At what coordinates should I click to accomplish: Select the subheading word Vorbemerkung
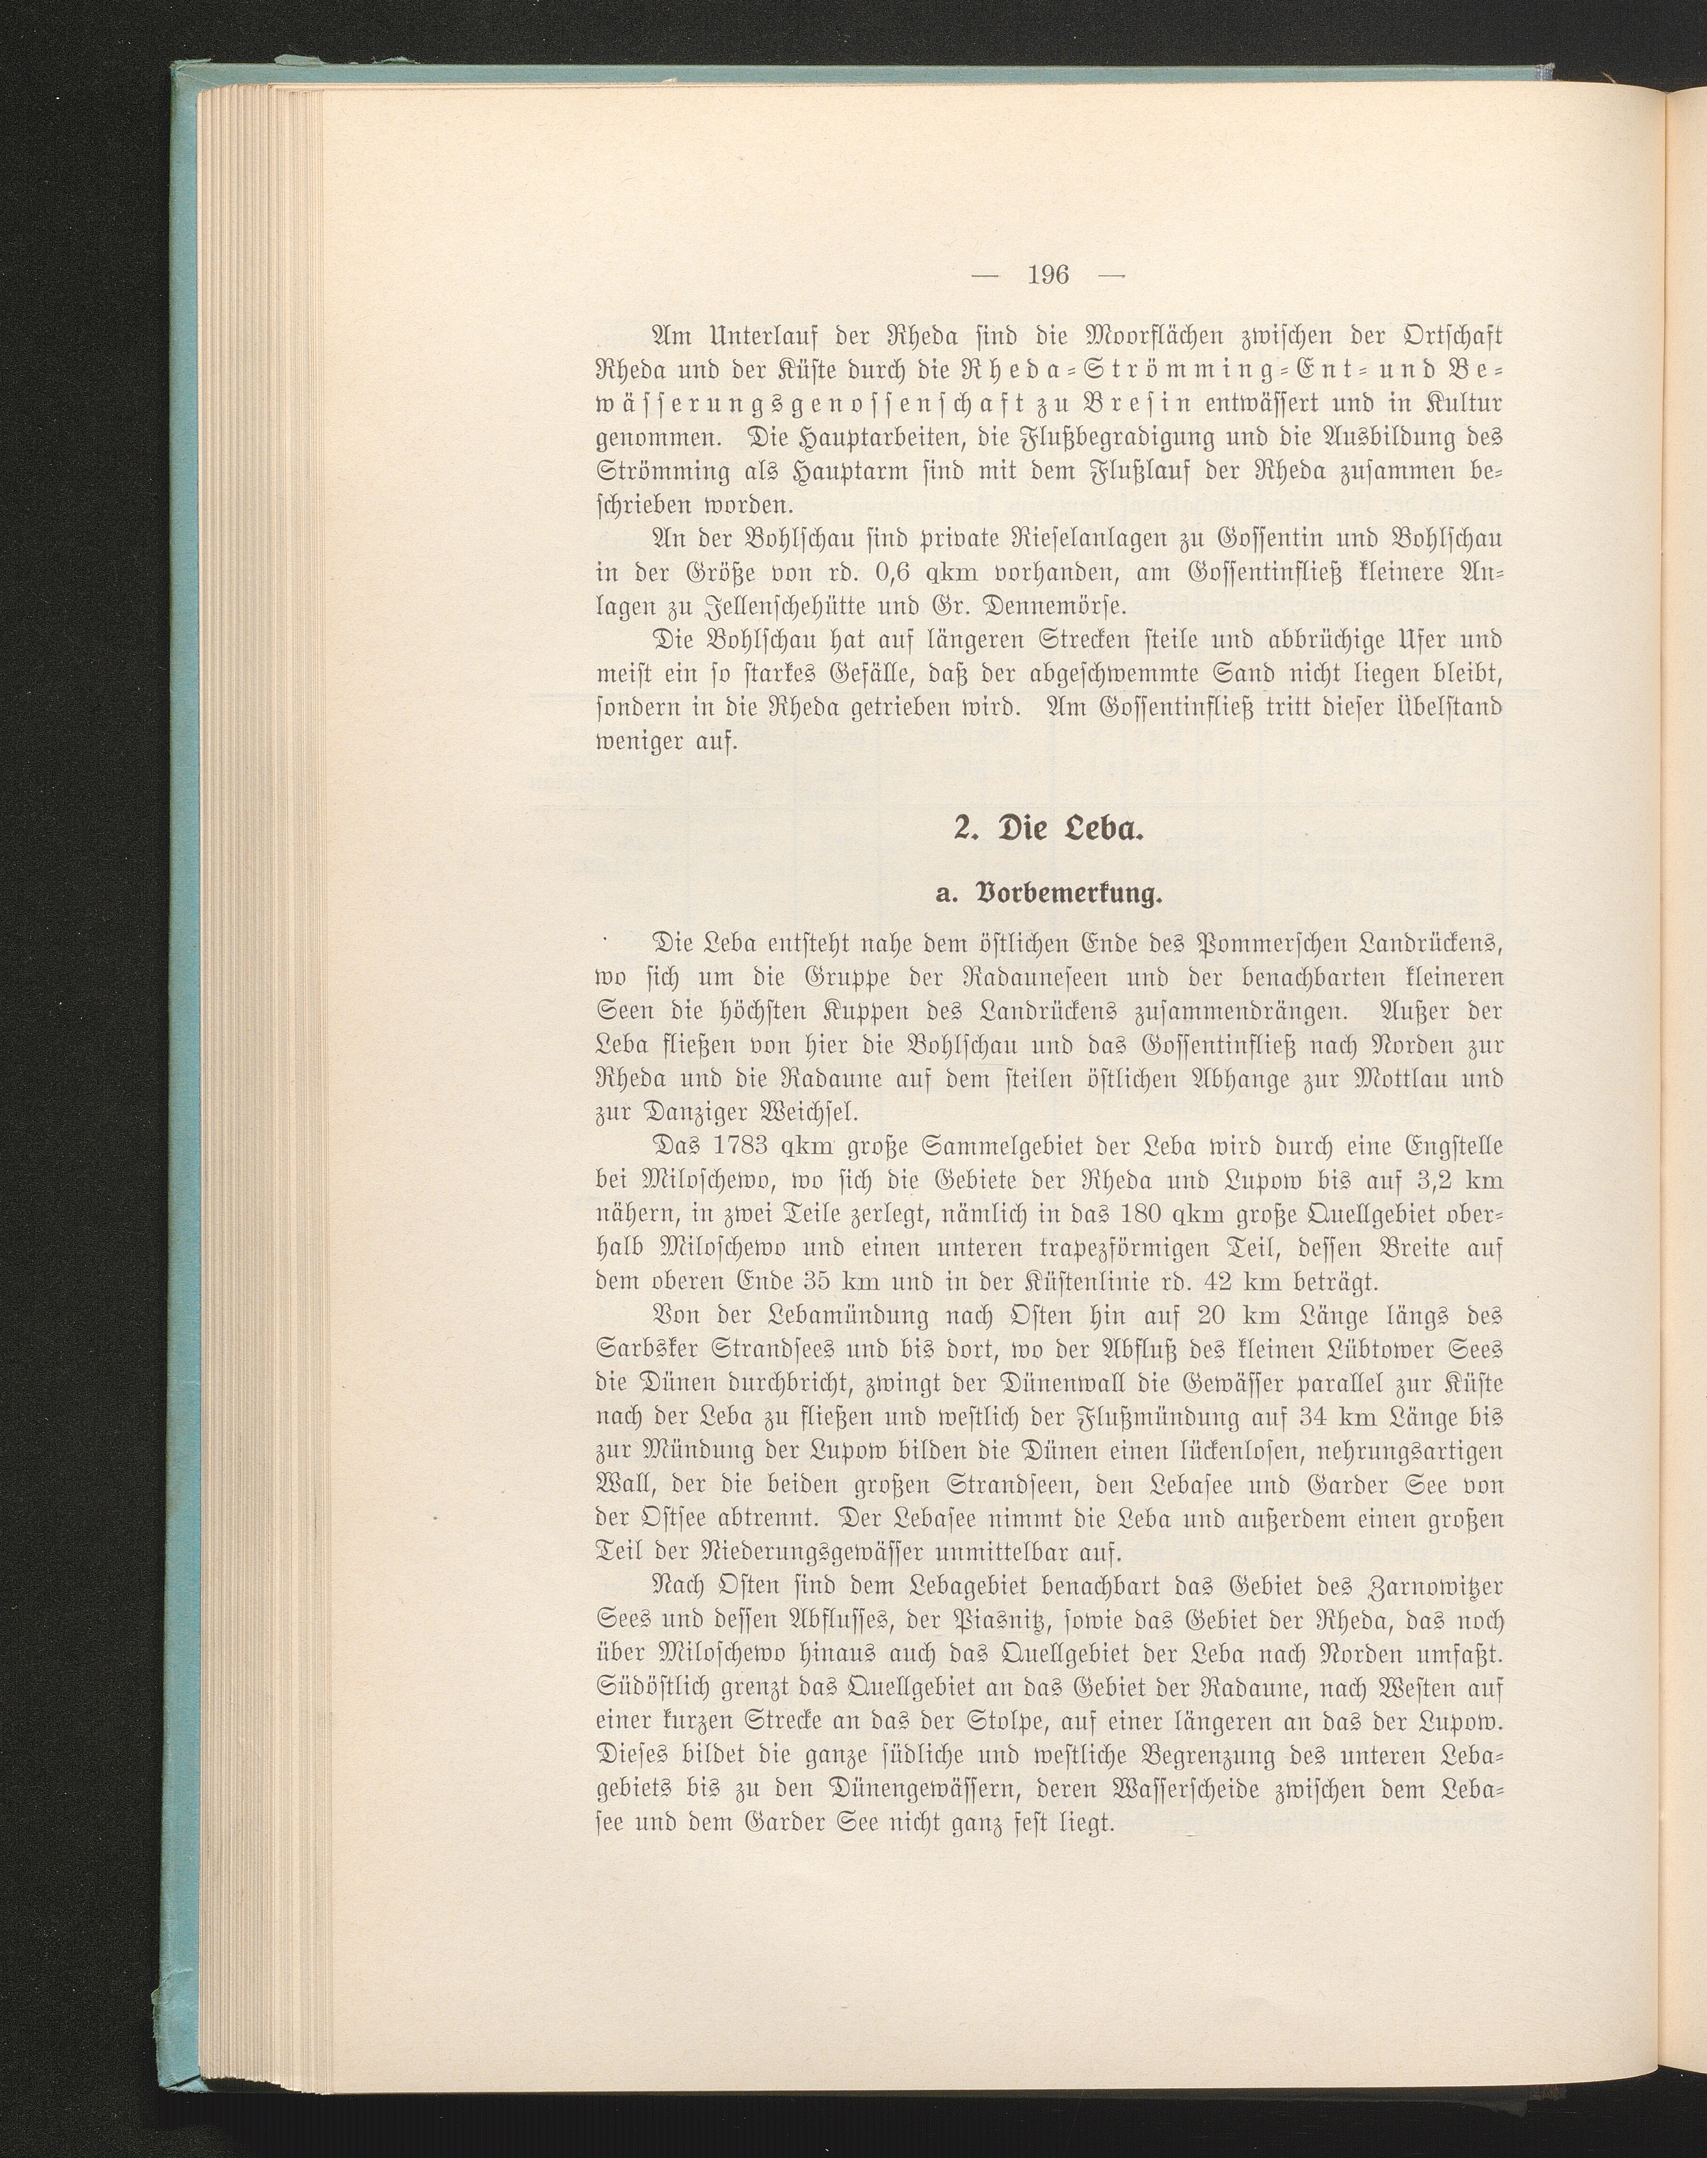coord(1076,894)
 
